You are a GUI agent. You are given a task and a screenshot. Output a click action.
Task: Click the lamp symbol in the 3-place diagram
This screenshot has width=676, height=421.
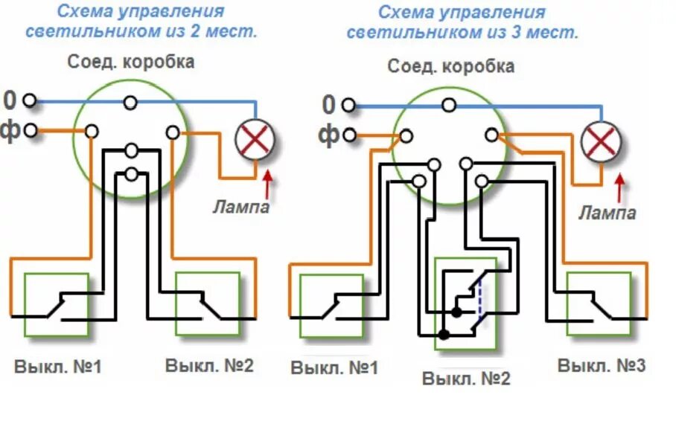(x=600, y=141)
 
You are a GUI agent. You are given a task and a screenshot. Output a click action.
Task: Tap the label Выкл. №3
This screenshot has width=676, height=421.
(x=602, y=366)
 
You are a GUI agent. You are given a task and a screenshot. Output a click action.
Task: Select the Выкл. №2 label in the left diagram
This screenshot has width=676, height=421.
(x=209, y=366)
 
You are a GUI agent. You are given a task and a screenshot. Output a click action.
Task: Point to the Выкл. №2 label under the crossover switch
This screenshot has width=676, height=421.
(x=467, y=379)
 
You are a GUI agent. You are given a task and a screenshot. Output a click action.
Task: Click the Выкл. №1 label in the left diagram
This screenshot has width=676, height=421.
(x=57, y=367)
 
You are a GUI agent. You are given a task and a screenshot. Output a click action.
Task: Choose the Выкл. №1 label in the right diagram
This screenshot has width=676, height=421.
(x=334, y=368)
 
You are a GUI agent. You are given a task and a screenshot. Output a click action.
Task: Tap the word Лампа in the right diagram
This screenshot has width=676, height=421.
(x=608, y=213)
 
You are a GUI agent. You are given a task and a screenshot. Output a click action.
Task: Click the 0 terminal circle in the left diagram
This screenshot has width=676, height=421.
(x=30, y=100)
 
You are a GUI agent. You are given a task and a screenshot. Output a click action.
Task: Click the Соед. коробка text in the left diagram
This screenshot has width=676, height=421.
(x=131, y=62)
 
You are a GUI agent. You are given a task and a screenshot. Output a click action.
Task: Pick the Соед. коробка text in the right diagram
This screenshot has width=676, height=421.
(x=450, y=66)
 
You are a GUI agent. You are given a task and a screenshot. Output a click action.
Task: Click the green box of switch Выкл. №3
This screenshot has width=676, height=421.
(x=599, y=305)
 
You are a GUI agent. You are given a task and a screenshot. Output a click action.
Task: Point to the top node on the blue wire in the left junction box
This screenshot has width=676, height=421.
(x=131, y=102)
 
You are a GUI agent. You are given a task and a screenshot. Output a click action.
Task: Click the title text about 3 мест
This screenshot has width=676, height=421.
(x=462, y=22)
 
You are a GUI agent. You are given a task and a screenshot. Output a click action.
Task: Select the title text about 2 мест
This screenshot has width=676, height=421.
(x=141, y=22)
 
